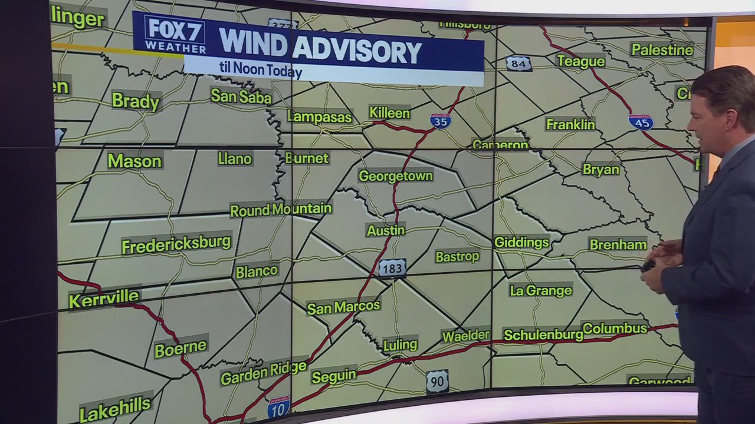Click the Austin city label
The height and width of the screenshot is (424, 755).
coord(386,230)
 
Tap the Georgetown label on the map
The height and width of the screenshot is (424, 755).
coord(396,176)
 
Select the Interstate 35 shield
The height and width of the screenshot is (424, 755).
coord(440,121)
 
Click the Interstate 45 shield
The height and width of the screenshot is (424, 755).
coord(641,122)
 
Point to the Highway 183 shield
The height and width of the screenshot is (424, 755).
coord(392,269)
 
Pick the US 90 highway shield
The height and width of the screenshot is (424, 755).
coord(437,382)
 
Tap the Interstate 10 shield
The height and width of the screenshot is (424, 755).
coord(278,407)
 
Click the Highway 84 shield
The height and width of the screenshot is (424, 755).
coord(518,63)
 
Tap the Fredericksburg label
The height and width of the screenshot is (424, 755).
coord(176,244)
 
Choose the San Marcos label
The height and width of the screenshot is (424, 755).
coord(343,307)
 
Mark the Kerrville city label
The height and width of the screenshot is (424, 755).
coord(104,299)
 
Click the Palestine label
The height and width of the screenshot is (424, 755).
coord(662,50)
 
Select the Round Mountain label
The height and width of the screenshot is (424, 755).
coord(281,210)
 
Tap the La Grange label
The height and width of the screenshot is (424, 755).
coord(540,290)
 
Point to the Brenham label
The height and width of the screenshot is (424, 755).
coord(618,244)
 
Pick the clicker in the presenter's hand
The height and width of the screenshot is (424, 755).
coord(648,266)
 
